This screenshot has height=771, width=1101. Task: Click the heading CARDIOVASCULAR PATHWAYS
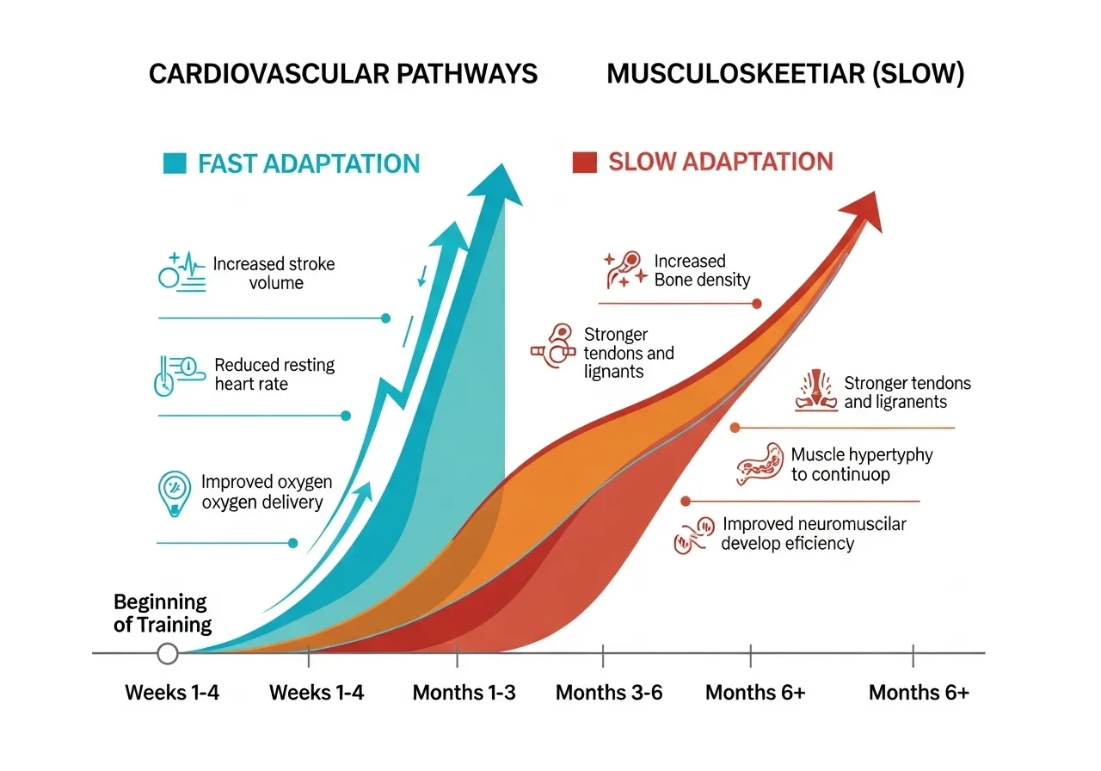[x=342, y=74]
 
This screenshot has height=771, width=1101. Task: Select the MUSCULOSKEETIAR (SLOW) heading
[x=784, y=74]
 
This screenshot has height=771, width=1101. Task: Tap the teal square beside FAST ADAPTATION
[x=173, y=163]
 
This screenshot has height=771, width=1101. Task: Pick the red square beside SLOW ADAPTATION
[x=585, y=162]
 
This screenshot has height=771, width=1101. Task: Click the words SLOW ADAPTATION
[x=720, y=162]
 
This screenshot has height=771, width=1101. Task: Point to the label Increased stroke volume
[x=274, y=273]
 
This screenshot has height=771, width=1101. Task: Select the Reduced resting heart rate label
[x=274, y=373]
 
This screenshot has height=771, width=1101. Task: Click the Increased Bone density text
[x=702, y=270]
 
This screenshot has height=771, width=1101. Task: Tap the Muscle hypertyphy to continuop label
[x=861, y=464]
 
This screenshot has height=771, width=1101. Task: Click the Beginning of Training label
[x=162, y=613]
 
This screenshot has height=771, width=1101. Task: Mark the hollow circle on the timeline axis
[x=168, y=654]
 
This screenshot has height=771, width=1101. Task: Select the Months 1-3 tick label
[x=464, y=693]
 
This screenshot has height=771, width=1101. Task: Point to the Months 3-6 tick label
[x=609, y=693]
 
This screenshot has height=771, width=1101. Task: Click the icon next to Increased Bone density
[x=624, y=268]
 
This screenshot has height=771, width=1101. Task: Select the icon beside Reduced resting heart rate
[x=175, y=375]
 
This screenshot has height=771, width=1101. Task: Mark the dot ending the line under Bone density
[x=757, y=303]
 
